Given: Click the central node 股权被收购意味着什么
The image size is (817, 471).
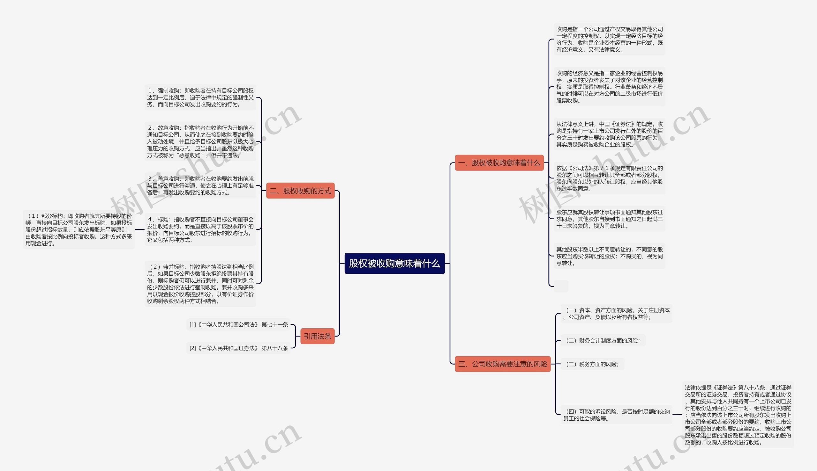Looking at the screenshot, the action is click(x=394, y=263).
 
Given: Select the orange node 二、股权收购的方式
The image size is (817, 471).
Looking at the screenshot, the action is click(x=300, y=191).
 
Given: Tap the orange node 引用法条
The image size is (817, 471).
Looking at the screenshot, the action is click(x=317, y=337).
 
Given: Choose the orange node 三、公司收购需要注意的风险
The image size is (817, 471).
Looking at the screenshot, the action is click(x=502, y=364).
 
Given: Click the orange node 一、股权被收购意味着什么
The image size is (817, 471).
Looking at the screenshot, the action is click(x=499, y=163).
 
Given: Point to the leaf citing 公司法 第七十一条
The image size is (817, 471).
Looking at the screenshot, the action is click(x=238, y=324).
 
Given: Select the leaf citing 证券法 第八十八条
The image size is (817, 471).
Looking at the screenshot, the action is click(x=238, y=348).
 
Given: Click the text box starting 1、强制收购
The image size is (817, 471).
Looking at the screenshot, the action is click(x=200, y=98).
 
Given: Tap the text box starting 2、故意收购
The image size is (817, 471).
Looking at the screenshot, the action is click(x=200, y=141).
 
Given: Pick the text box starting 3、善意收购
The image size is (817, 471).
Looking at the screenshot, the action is click(x=200, y=186).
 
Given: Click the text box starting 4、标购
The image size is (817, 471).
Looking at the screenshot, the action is click(x=200, y=229).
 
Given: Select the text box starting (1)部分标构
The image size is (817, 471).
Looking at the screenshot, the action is click(x=79, y=229).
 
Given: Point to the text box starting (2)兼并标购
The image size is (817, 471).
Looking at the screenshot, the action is click(x=200, y=284).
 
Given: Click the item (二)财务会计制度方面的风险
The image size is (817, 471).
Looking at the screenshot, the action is click(x=603, y=340).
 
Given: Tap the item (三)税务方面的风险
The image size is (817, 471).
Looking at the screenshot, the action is click(x=592, y=364).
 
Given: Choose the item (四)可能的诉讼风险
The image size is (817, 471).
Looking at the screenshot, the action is click(x=616, y=415).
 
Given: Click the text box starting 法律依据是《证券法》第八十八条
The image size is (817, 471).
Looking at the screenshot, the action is click(x=738, y=415).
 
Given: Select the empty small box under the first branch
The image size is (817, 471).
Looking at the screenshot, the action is click(x=561, y=286).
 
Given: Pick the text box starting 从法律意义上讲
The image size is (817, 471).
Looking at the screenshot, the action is click(x=609, y=134).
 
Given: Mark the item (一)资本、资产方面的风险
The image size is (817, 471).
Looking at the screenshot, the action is click(x=616, y=314).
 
